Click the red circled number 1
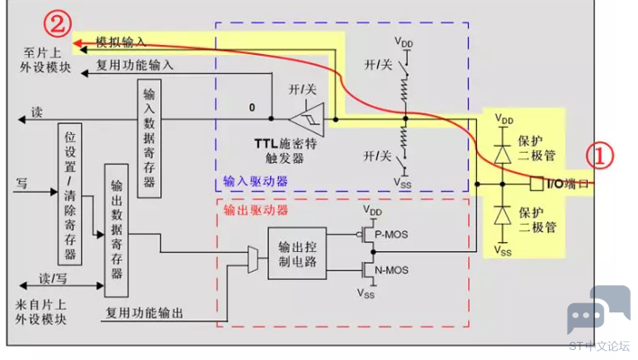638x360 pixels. point(599,157)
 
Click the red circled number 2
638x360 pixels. point(58,24)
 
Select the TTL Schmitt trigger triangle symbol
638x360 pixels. point(307,120)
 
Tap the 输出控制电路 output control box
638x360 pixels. point(297,254)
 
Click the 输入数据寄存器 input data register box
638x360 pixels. point(149,139)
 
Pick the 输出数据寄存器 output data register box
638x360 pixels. point(116,230)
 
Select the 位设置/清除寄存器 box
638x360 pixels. point(70,194)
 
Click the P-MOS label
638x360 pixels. point(391,235)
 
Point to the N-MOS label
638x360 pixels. point(391,270)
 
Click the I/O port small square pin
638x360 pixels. point(536,184)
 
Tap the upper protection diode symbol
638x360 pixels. point(502,155)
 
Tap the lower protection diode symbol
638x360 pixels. point(502,216)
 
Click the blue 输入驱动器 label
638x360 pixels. point(256,181)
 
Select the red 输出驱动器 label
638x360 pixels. point(256,210)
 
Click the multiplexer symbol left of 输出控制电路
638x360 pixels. point(253,259)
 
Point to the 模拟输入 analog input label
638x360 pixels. point(121,41)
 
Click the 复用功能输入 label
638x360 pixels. point(135,65)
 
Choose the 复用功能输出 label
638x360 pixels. point(145,313)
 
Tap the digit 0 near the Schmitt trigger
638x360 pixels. point(252,107)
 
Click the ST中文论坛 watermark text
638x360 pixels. point(599,346)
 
